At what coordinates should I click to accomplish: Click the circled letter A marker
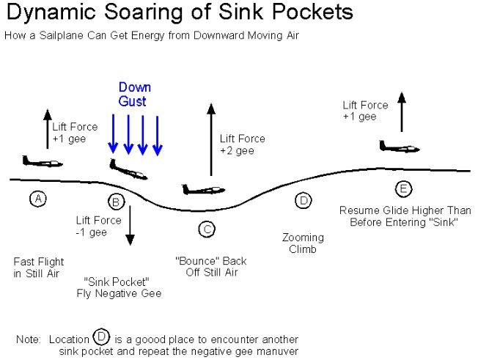37,198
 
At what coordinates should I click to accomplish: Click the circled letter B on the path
114,202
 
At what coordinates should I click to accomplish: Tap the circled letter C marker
207,229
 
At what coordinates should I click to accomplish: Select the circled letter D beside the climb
303,200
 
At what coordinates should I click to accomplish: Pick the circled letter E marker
402,188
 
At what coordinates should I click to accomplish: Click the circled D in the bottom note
102,338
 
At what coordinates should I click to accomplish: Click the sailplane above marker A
37,161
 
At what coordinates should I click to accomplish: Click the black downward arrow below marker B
130,225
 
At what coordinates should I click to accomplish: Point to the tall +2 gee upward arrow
211,139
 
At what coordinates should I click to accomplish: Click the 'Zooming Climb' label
303,243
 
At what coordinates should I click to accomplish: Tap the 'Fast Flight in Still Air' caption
39,268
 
